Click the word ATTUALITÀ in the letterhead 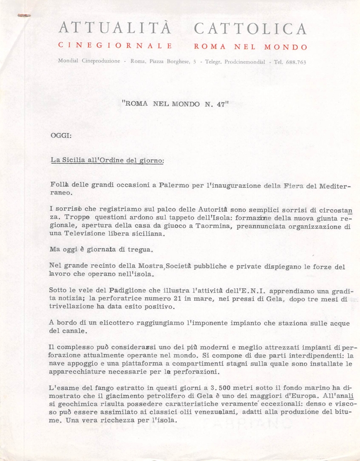(115, 29)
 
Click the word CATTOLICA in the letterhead (250, 29)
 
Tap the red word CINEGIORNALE (115, 45)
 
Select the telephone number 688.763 (296, 62)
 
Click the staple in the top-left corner (20, 16)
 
